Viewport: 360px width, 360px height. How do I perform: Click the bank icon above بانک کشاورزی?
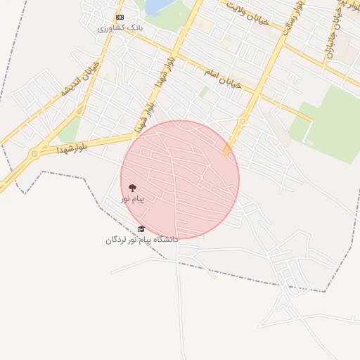tap(120, 17)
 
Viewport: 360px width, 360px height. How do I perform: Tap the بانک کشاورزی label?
tap(120, 27)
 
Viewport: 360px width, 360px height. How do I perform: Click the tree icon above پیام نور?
tap(132, 188)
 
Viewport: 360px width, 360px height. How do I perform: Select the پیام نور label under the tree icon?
tap(132, 199)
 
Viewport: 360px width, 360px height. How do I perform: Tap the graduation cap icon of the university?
tap(141, 229)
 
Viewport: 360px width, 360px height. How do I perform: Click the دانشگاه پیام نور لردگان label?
tap(142, 240)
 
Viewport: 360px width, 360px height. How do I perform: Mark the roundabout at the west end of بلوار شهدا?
tap(34, 154)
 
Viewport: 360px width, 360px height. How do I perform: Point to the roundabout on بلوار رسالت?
tap(242, 121)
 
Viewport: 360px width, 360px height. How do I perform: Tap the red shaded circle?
tap(180, 179)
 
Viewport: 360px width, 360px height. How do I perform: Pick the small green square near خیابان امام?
tap(204, 92)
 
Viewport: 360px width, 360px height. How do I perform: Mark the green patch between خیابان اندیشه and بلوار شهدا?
tap(69, 130)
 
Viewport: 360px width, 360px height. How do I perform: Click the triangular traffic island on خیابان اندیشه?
tap(82, 109)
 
